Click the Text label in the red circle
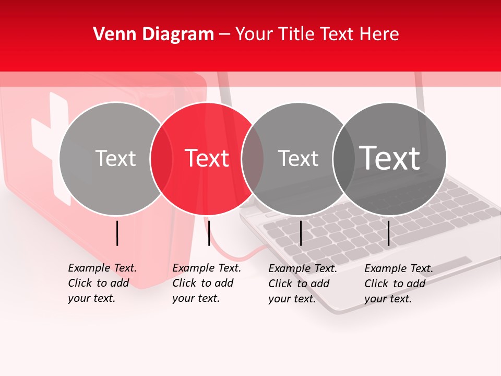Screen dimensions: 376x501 click(207, 158)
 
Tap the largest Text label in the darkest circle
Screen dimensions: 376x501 click(390, 158)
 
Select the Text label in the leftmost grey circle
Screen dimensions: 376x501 click(115, 158)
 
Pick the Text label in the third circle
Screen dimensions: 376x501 click(298, 158)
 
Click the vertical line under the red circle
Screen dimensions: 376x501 click(209, 233)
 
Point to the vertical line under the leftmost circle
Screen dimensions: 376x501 click(117, 233)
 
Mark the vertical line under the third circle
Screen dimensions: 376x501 click(301, 233)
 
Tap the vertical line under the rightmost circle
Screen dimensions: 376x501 click(388, 233)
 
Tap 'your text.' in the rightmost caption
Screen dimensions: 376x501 click(388, 299)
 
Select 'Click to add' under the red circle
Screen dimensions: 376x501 click(202, 283)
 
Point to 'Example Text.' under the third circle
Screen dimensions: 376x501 click(303, 268)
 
